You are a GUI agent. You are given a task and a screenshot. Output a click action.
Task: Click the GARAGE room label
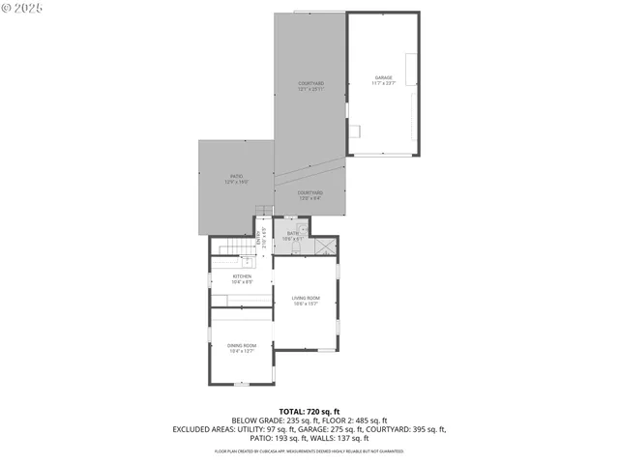[x=384, y=80]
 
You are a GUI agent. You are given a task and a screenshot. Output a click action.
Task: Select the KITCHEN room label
[x=242, y=279]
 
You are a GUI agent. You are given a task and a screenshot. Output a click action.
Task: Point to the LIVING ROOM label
[x=306, y=301]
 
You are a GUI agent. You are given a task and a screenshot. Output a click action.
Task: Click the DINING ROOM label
[x=242, y=348]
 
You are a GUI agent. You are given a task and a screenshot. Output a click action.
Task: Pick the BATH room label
[x=293, y=236]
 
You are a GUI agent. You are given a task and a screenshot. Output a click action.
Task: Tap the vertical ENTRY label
[x=259, y=238]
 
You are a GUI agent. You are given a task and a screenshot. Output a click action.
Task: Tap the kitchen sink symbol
[x=247, y=261]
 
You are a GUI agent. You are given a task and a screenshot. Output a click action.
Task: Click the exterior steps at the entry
[x=262, y=212]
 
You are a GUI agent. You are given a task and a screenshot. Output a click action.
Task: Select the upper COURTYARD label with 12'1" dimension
[x=310, y=86]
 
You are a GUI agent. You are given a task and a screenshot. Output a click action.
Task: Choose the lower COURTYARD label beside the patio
[x=310, y=195]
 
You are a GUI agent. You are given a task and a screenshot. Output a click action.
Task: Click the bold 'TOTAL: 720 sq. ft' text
[x=309, y=412]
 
